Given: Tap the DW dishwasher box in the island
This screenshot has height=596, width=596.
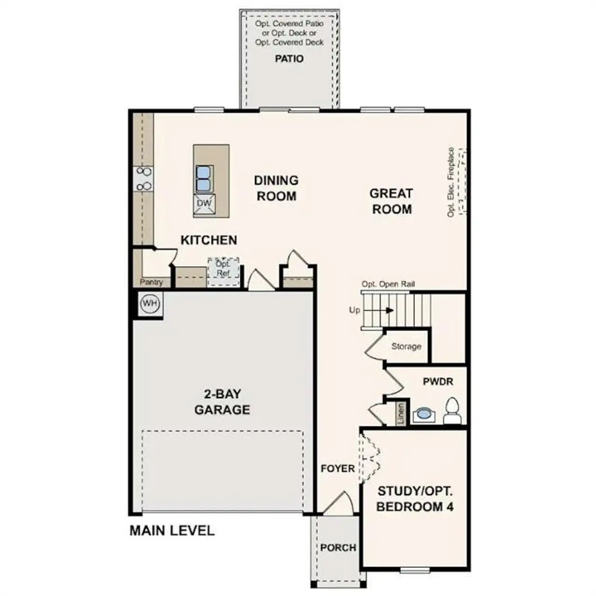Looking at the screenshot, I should pos(204,204).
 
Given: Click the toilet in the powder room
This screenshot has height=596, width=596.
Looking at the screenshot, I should pos(452,411).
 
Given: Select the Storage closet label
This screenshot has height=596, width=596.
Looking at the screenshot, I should pos(406,346).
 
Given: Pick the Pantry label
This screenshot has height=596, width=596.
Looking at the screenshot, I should pos(151,282).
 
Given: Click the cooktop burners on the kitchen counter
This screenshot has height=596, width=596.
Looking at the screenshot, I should pos(144,179).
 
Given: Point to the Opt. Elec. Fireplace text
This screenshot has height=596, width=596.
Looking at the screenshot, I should pos(451,182).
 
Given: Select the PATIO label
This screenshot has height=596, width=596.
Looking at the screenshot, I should pos(289,59).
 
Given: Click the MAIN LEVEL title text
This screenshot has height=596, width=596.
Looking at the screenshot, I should pos(172,531).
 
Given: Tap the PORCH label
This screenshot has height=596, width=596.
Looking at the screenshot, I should pos(338,548).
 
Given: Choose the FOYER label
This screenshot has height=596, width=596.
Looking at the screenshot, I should pos(338,468).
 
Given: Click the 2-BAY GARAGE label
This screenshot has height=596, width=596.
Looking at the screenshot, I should pos(222,402).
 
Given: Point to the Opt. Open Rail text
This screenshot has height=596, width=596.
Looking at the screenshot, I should pos(388,284).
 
